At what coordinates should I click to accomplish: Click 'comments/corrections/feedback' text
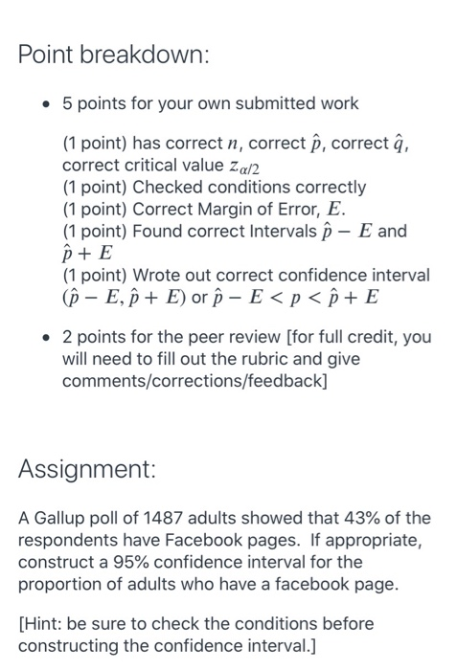tap(183, 380)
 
